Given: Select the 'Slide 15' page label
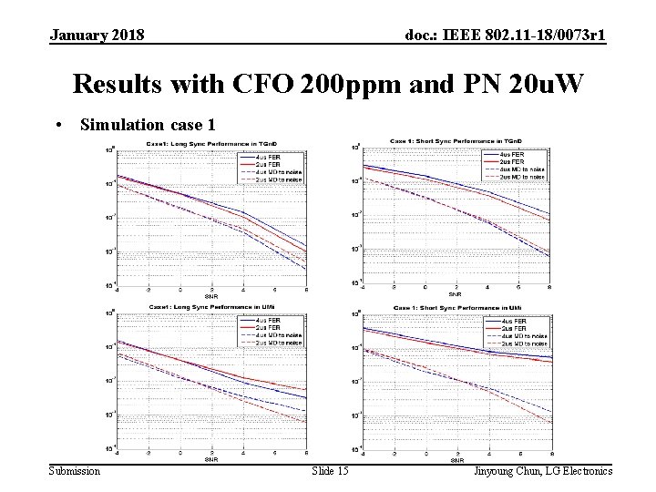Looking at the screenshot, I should [329, 470].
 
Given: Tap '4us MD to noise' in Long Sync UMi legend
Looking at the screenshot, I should [283, 335].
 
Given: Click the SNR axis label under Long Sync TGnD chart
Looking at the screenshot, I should [211, 296].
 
